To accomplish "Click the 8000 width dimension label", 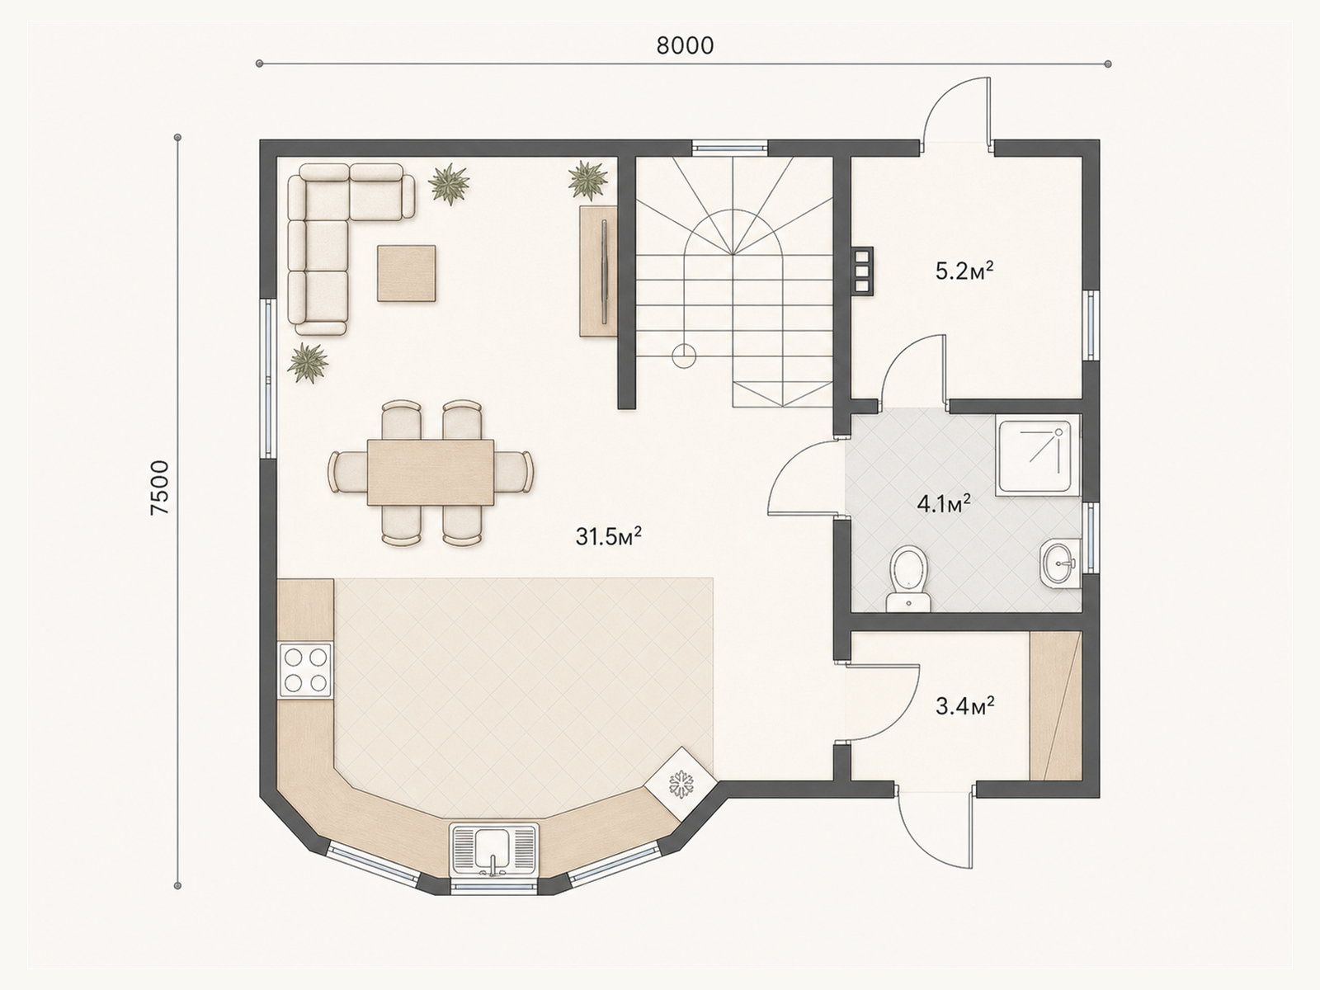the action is coord(685,46).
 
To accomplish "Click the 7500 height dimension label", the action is coord(161,488).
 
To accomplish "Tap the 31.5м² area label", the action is coord(608,535).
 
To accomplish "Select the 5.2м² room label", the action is coord(964,271).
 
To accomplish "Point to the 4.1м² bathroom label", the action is coord(944,504).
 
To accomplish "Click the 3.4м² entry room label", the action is coord(964,705).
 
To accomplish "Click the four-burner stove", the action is coord(305,670).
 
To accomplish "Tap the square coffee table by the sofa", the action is coord(407,273).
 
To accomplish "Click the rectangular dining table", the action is coord(431,473).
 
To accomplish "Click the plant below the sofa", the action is coord(308,362).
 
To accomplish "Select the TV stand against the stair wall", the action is coord(598,271).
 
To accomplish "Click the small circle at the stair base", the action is coord(684,356).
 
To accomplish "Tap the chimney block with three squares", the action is coord(862,271).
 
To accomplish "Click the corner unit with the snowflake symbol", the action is coord(681,783).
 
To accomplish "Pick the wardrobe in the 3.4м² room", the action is coord(1055,705).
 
